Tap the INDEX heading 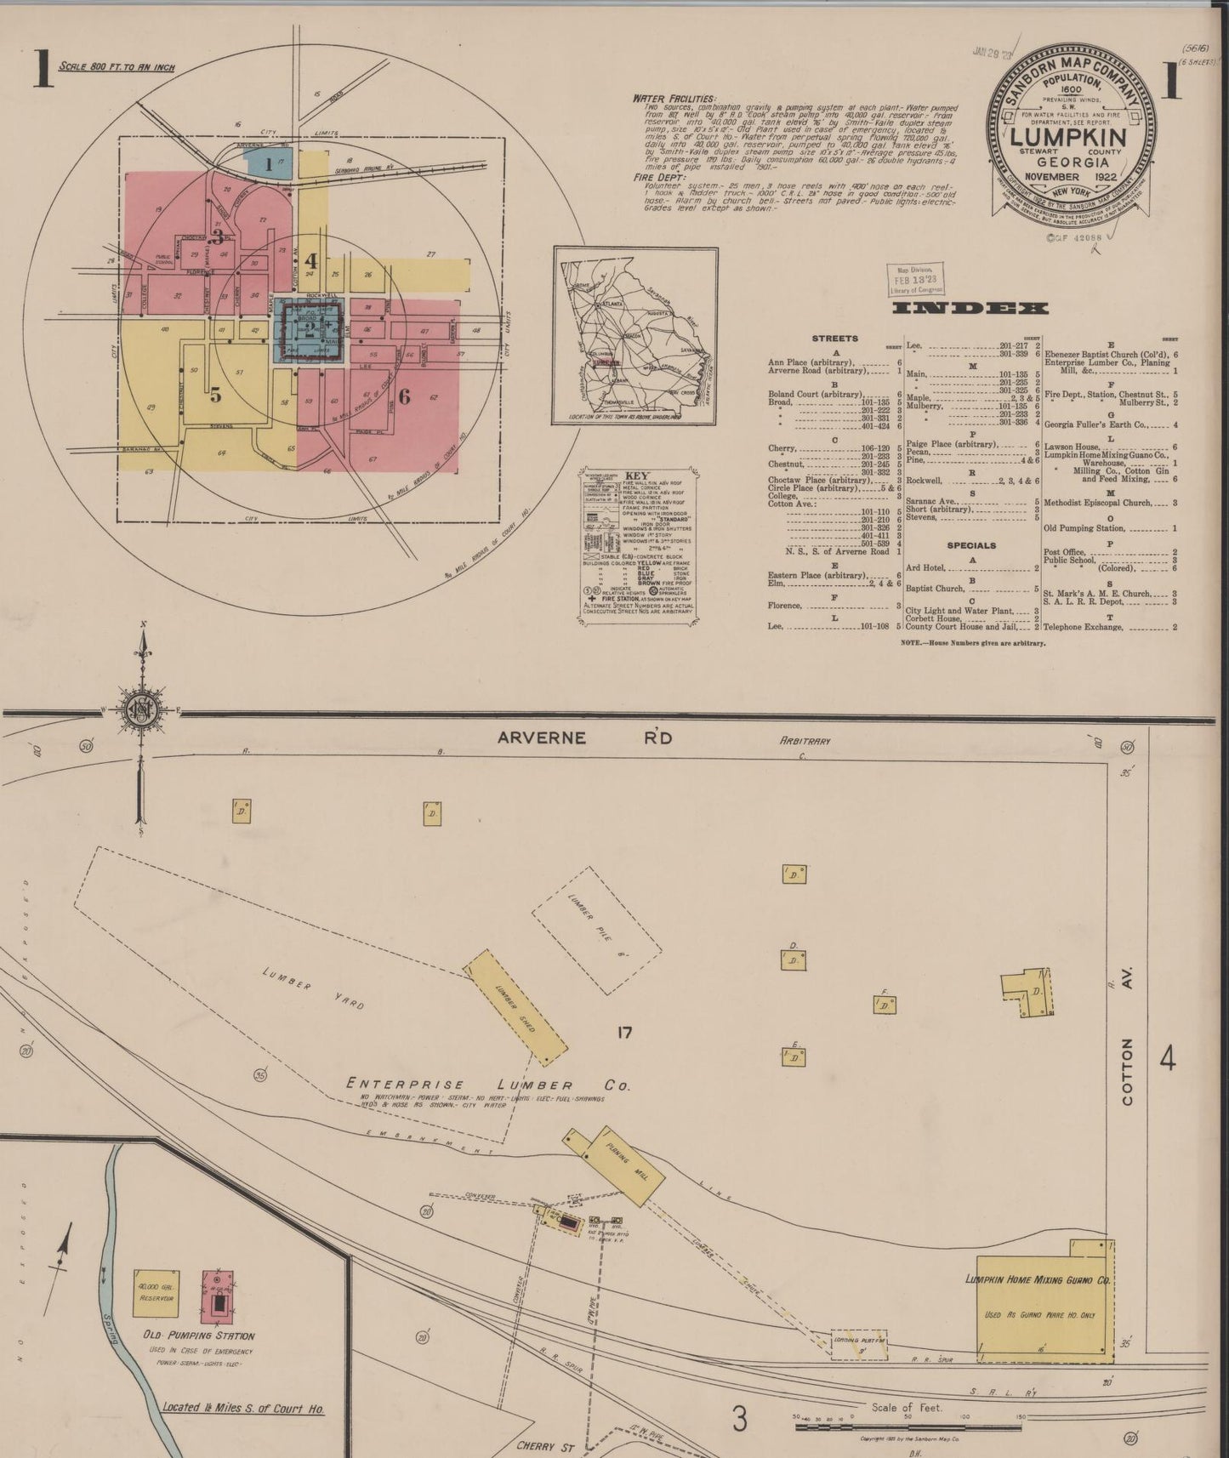[x=970, y=308]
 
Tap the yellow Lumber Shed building [x=515, y=1007]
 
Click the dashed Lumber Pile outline [x=596, y=931]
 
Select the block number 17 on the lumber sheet [x=625, y=1033]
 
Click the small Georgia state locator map [x=635, y=335]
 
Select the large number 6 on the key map [x=404, y=396]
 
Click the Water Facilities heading [x=674, y=99]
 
